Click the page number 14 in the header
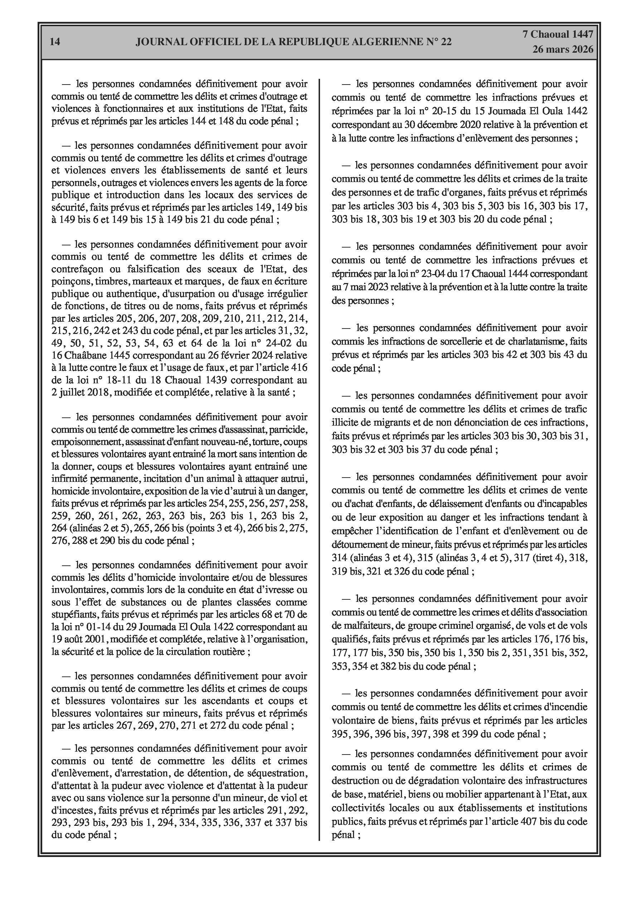55,42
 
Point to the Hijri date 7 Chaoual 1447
558,34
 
